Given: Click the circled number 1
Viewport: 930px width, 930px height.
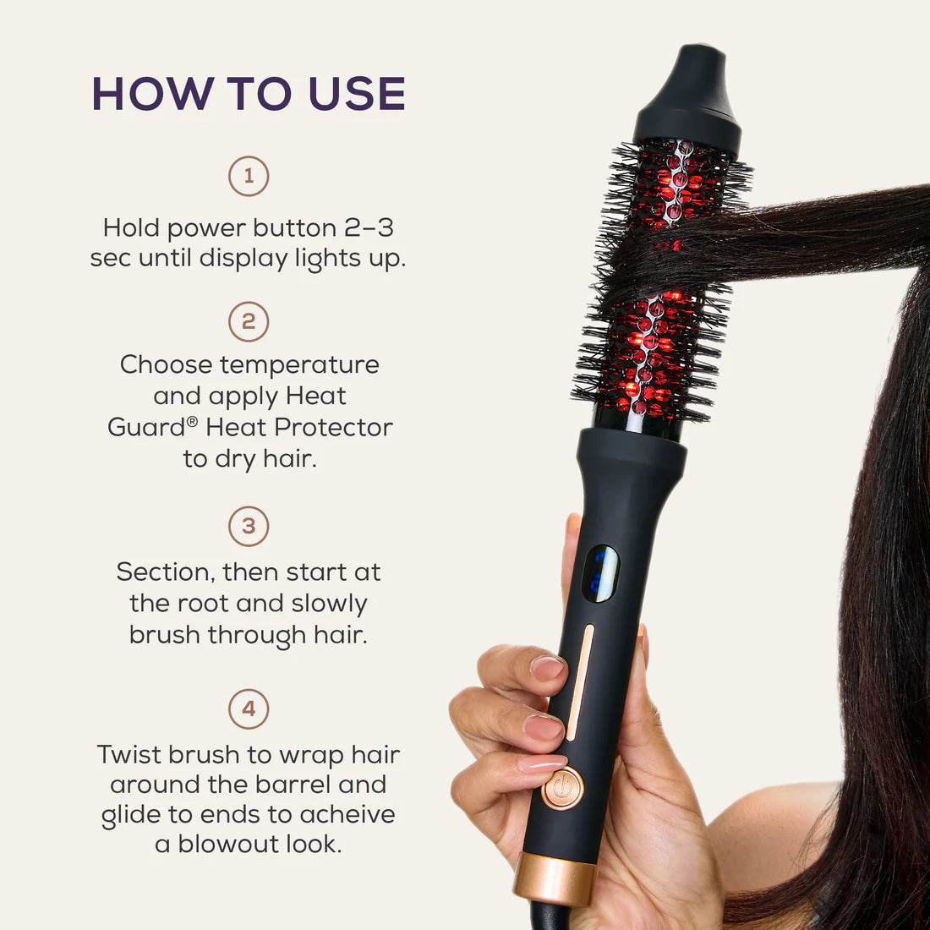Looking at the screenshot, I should (x=249, y=177).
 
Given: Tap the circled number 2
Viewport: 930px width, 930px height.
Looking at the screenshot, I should (x=249, y=322).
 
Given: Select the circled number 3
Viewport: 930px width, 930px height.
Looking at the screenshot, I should (x=249, y=526).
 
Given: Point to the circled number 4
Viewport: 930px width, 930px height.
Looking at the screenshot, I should (x=249, y=708).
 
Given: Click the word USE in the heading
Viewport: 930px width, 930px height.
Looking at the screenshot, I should (x=357, y=94).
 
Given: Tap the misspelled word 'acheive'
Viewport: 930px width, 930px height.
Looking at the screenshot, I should (x=347, y=814).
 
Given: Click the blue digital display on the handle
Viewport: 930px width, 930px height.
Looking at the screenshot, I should (x=599, y=574).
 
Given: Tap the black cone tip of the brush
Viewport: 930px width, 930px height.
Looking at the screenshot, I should (x=688, y=93).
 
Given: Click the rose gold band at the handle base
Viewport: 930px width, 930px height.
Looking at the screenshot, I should (x=555, y=878).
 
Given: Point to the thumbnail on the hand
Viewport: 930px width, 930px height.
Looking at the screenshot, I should (x=547, y=668).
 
